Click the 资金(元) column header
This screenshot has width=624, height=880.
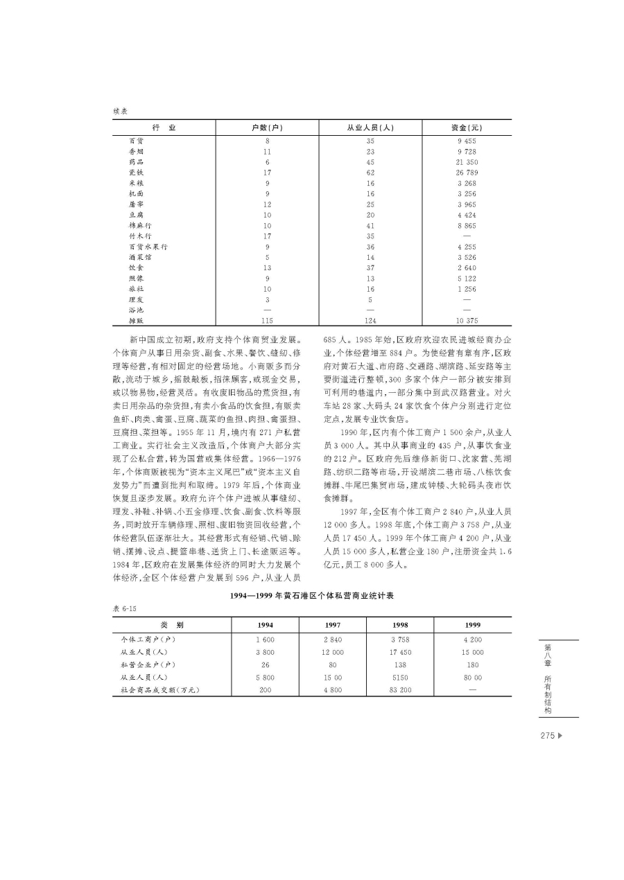pyautogui.click(x=466, y=127)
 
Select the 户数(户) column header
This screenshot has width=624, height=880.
pyautogui.click(x=267, y=127)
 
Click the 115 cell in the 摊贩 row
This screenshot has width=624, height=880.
pyautogui.click(x=267, y=320)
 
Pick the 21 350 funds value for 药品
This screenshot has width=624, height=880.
pyautogui.click(x=466, y=161)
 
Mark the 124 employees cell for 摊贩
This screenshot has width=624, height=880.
pyautogui.click(x=370, y=320)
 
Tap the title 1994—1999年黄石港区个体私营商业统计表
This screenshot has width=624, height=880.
pyautogui.click(x=312, y=595)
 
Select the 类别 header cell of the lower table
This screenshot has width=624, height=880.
pyautogui.click(x=166, y=624)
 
